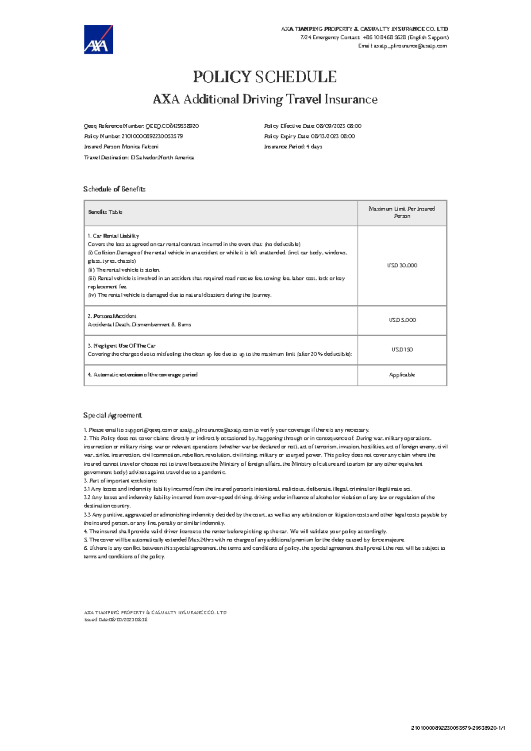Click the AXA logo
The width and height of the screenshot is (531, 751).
coord(98,39)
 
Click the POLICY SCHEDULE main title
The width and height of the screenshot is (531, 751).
coord(265,77)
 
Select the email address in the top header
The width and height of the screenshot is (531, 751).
coord(410,46)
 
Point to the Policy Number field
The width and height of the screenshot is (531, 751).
coord(133,136)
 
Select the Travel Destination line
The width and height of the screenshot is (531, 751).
coord(139,157)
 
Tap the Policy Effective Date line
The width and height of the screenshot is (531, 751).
coord(312,126)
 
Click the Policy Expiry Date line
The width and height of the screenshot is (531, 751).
coord(309,136)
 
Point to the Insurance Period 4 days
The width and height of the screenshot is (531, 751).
coord(293,146)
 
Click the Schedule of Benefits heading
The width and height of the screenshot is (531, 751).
coord(114,189)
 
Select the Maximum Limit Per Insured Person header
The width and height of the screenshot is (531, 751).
coord(402,212)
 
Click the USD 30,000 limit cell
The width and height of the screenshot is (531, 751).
coord(402,265)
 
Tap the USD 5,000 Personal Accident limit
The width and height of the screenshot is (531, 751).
coord(402,320)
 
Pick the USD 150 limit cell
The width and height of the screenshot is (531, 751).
coord(402,349)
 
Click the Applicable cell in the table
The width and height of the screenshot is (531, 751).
coord(402,375)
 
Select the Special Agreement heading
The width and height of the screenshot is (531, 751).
coord(112,415)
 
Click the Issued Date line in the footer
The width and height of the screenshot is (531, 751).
coord(115,620)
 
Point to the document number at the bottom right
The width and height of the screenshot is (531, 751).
coord(458,728)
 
